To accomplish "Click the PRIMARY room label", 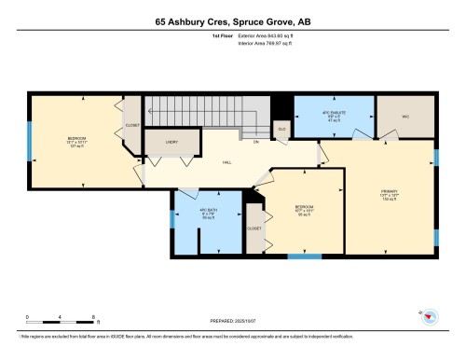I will (389, 194).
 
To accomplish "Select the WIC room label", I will (405, 117).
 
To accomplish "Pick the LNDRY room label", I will (171, 141).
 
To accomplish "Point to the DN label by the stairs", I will (255, 143).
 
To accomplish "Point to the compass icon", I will (430, 318).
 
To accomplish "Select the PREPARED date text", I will (233, 324).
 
